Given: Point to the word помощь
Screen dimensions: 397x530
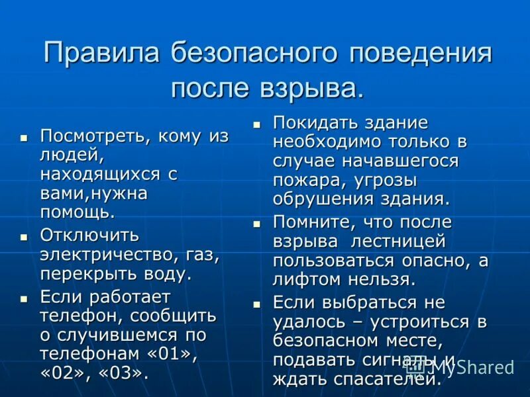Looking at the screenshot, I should point(76,212).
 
